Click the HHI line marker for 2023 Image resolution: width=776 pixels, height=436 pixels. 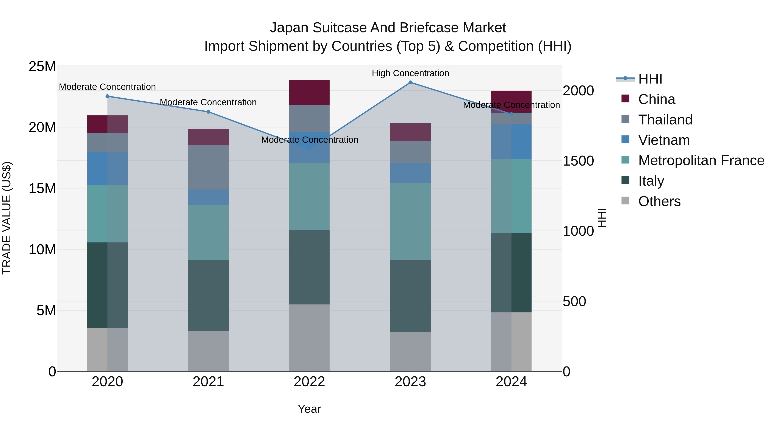[x=410, y=82]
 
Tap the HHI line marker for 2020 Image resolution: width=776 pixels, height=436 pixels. [x=107, y=96]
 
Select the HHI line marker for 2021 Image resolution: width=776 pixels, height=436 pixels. [x=208, y=112]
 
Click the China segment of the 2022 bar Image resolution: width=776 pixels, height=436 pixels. [x=309, y=92]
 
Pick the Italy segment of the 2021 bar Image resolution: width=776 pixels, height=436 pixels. [x=208, y=295]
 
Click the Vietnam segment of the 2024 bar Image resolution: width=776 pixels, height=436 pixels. [x=511, y=141]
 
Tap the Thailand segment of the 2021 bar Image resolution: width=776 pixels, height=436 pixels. [x=208, y=167]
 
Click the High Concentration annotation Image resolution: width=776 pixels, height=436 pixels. [x=410, y=73]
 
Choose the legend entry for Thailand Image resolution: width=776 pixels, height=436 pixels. [x=665, y=120]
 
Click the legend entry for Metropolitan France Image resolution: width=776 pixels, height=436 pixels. [x=701, y=160]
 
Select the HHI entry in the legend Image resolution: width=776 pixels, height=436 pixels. [x=650, y=79]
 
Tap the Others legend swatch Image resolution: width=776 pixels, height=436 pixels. [x=625, y=201]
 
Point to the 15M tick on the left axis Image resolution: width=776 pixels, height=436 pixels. [x=42, y=188]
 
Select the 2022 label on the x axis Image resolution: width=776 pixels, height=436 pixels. [x=309, y=382]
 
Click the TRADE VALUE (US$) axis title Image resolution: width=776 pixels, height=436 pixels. [x=7, y=218]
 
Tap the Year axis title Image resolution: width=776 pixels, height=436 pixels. [x=309, y=409]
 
